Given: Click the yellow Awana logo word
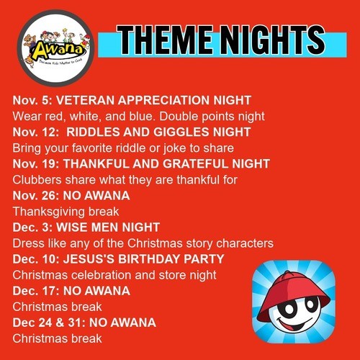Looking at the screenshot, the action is point(57,50).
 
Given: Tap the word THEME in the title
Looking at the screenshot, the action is point(165,40).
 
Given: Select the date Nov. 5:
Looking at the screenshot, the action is point(32,100).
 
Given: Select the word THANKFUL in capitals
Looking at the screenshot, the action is point(96,164).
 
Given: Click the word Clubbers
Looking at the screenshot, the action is point(37,180).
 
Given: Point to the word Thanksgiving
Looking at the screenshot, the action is point(49,212).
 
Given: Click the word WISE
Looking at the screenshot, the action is point(72,228).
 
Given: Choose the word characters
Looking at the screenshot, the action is point(245,243).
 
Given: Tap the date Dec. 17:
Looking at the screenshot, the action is point(36,291).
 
